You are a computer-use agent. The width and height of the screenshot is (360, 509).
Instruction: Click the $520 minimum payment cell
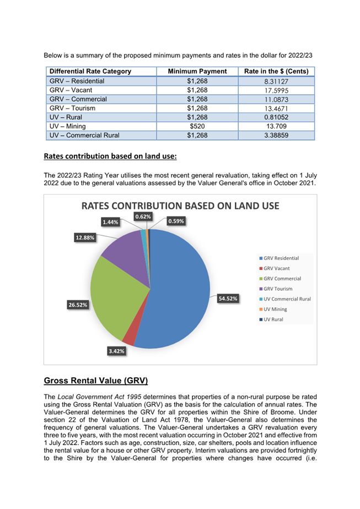click(197, 126)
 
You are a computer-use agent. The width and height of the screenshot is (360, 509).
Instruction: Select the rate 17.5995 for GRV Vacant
click(276, 90)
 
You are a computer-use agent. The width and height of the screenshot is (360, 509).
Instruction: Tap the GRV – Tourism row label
click(72, 108)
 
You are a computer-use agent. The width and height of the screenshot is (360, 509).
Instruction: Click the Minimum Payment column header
click(197, 72)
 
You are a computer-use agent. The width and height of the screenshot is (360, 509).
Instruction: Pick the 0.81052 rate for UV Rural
click(276, 117)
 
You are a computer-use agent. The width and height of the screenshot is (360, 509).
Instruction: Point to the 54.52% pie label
click(228, 299)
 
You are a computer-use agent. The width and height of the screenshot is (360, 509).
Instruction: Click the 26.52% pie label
click(78, 305)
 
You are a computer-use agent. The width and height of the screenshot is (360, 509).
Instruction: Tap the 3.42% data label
click(116, 351)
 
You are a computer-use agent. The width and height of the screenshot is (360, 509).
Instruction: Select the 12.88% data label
click(85, 237)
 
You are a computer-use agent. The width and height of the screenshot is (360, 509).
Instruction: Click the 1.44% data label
click(110, 222)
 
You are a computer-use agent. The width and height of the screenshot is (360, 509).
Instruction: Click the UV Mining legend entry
click(273, 309)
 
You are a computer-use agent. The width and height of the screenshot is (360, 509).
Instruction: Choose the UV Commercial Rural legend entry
click(285, 299)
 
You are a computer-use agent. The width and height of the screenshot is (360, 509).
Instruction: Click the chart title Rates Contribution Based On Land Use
click(180, 206)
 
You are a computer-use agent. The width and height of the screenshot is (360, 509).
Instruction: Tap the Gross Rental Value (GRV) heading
click(96, 381)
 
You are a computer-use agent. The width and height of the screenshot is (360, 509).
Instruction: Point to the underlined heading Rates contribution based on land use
click(110, 156)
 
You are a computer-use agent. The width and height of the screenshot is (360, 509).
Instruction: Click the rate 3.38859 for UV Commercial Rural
click(276, 136)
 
